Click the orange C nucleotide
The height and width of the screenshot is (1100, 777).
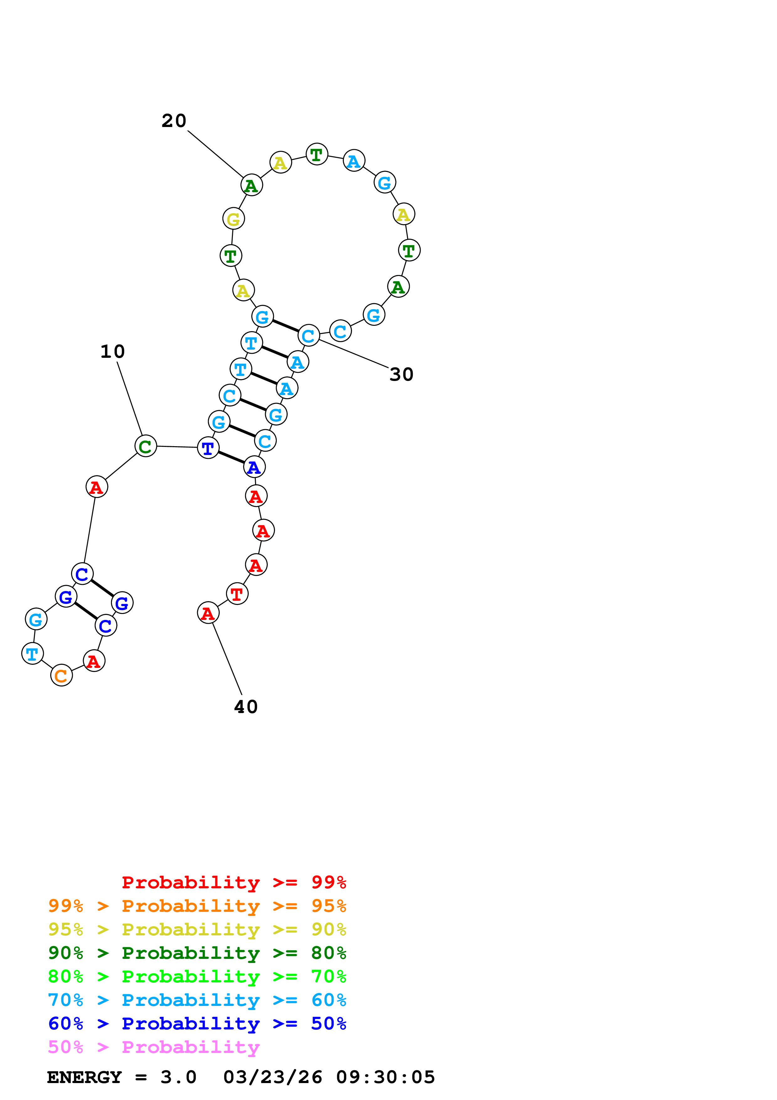coord(61,675)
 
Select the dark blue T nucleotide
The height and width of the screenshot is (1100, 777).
coord(208,448)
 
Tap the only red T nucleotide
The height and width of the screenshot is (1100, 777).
coord(237,594)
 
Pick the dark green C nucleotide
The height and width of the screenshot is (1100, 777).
coord(145,446)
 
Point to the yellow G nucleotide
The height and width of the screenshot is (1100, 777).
coord(234,219)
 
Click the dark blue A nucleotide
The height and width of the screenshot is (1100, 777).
coord(254,467)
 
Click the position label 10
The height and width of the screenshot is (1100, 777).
coord(113,352)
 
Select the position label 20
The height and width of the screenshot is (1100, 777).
coord(174,121)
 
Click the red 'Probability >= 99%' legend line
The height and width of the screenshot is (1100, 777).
coord(234,882)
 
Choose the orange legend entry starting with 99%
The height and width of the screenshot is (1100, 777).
coord(197,906)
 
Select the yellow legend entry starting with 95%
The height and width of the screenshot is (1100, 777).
coord(197,929)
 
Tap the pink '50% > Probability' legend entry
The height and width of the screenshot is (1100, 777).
coord(154,1047)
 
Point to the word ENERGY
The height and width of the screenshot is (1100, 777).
coord(84,1077)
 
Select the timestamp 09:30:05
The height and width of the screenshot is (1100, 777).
coord(386,1077)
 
